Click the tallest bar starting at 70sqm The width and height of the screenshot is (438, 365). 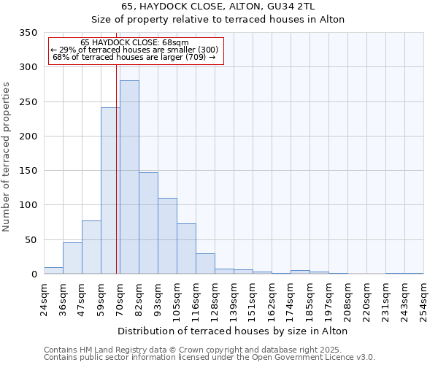(129, 177)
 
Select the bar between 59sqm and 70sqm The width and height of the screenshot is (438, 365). (110, 191)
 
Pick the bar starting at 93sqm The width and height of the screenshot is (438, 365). (167, 236)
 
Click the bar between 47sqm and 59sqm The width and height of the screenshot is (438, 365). (91, 247)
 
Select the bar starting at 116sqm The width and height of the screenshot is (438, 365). (205, 264)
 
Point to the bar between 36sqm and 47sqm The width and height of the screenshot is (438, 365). (72, 258)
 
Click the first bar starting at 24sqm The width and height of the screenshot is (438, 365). (53, 271)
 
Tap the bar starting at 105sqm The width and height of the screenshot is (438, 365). (186, 249)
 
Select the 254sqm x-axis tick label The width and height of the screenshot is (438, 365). (423, 299)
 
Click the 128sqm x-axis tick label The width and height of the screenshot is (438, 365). (215, 299)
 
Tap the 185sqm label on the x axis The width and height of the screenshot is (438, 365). (310, 299)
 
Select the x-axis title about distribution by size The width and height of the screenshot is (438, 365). (232, 331)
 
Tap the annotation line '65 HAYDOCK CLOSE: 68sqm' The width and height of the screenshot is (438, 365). (134, 43)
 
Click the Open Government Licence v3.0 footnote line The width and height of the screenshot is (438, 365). (210, 357)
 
